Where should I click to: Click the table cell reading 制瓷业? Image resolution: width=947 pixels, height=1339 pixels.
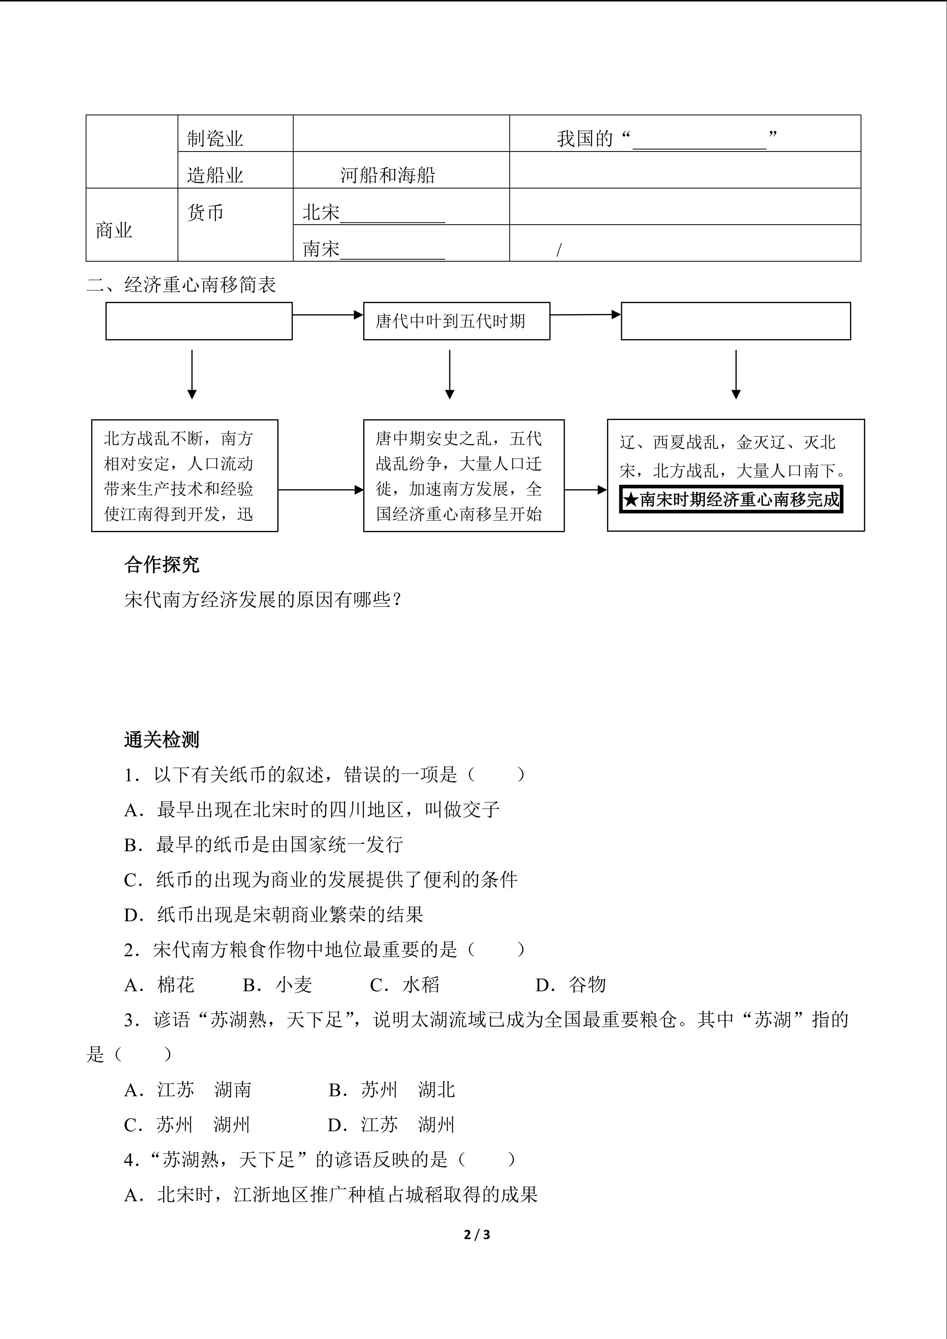tap(215, 139)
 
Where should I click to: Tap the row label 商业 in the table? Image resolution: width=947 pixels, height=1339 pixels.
tap(114, 230)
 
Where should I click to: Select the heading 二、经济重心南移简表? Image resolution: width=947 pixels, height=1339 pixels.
tap(181, 285)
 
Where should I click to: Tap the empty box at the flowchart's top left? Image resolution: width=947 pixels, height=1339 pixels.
tap(199, 321)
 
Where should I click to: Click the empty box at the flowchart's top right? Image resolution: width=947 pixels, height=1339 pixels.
tap(735, 321)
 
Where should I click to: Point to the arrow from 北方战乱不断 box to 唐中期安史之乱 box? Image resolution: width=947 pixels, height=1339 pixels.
tap(320, 490)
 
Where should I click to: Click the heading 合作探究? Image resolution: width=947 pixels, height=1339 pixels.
tap(161, 565)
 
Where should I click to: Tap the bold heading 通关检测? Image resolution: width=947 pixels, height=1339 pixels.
tap(161, 739)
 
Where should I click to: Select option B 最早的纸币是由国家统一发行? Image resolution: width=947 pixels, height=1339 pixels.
tap(264, 844)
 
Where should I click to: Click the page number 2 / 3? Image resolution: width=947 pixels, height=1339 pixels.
tap(477, 1234)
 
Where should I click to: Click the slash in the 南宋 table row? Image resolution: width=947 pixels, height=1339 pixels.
tap(559, 250)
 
